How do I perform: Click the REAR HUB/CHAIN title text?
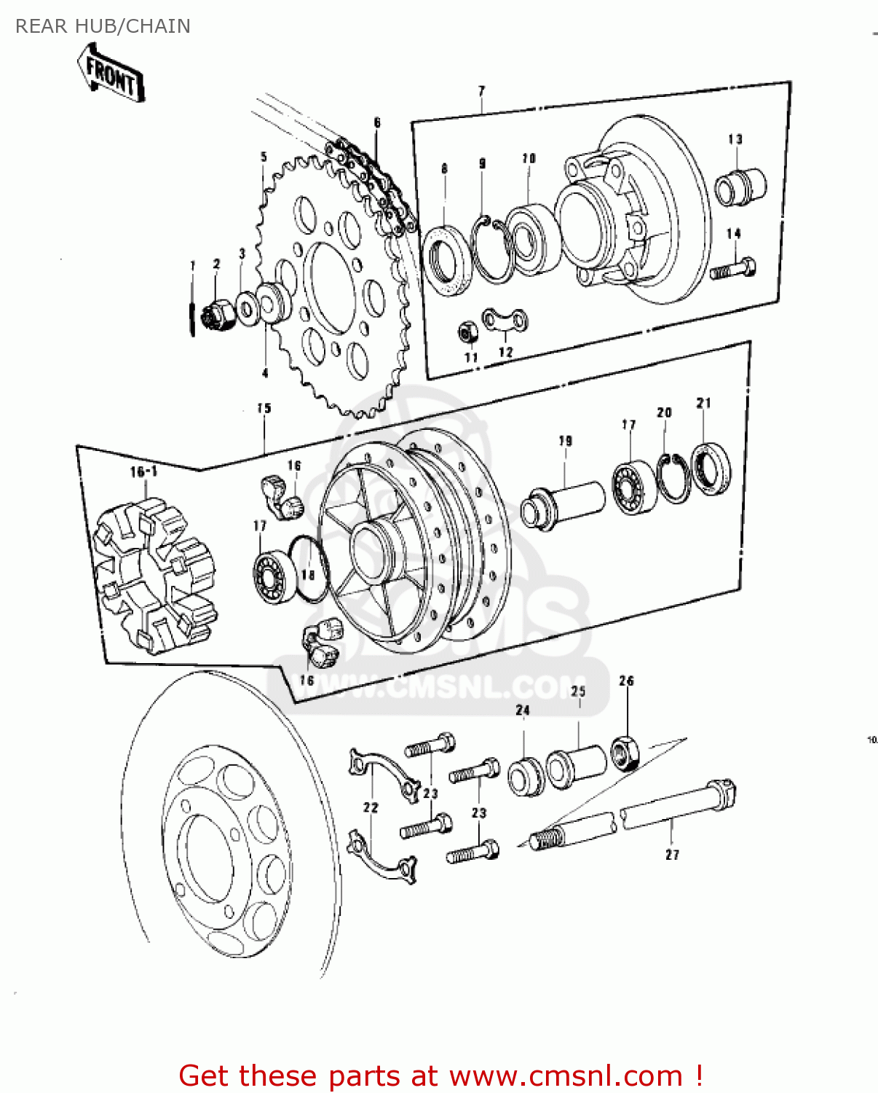[103, 26]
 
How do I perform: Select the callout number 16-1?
[143, 471]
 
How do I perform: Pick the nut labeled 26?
[625, 753]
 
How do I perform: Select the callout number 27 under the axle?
[672, 854]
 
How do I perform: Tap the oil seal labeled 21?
[711, 468]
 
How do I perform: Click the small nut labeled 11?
[467, 332]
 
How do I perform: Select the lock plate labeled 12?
[505, 320]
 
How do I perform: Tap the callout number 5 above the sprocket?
[264, 157]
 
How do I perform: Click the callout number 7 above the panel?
[481, 91]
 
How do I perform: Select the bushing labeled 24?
[525, 777]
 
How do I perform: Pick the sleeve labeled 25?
[576, 766]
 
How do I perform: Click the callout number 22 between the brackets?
[371, 807]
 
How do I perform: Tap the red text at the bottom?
[440, 1076]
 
